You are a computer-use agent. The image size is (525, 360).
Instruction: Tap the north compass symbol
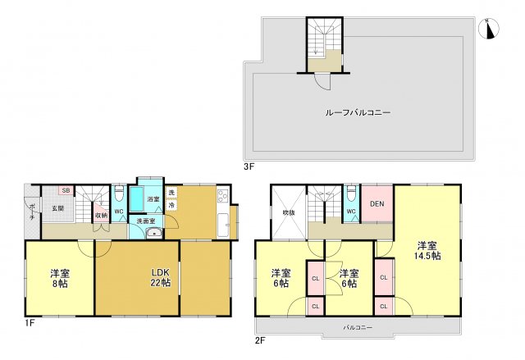[490, 29]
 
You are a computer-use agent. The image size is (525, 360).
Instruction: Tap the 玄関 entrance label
[58, 208]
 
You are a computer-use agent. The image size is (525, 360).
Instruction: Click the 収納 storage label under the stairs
[100, 216]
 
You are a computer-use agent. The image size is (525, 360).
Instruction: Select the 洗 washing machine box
[171, 193]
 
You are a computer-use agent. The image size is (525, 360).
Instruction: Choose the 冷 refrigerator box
[171, 205]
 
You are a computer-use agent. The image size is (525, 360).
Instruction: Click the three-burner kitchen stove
[221, 197]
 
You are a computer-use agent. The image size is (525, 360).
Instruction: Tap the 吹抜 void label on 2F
[288, 212]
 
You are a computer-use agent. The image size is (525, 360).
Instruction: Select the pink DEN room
[377, 204]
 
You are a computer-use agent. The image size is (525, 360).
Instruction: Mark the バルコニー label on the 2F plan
[357, 327]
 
